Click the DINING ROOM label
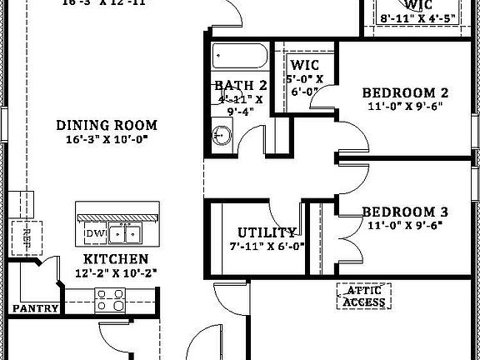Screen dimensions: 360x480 pyautogui.click(x=107, y=125)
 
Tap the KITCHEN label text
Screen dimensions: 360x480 pyautogui.click(x=116, y=259)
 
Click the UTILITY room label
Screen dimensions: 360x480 pyautogui.click(x=267, y=232)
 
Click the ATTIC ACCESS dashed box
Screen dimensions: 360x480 pyautogui.click(x=364, y=296)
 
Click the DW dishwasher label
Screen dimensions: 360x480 pyautogui.click(x=94, y=234)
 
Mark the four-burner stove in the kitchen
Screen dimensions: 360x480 pyautogui.click(x=108, y=298)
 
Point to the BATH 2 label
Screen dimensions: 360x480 pyautogui.click(x=240, y=85)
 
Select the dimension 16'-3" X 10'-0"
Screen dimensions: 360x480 pyautogui.click(x=107, y=140)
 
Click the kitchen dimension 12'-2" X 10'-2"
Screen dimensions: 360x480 pyautogui.click(x=116, y=272)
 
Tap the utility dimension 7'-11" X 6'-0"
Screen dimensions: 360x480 pyautogui.click(x=267, y=246)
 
